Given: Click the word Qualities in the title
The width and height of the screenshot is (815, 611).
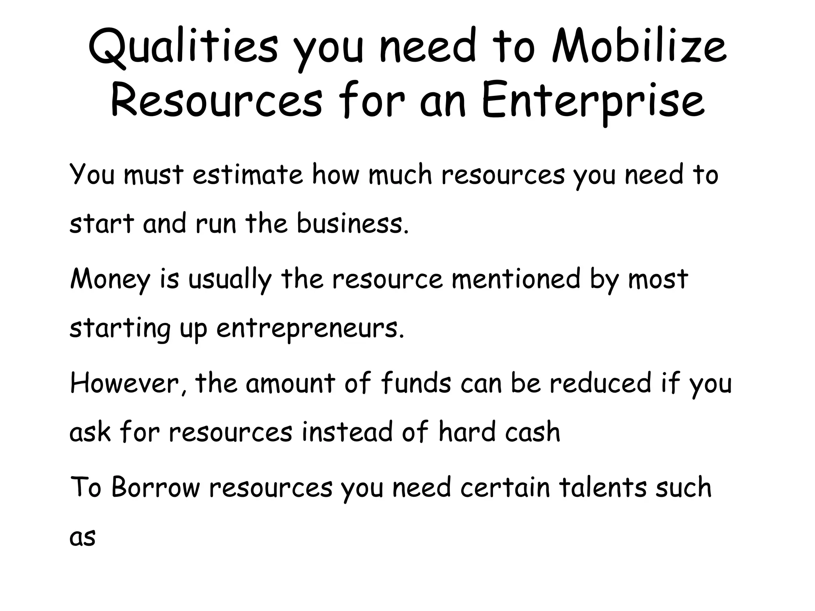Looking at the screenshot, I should tap(183, 48).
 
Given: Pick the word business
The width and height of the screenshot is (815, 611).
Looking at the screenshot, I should tap(353, 224).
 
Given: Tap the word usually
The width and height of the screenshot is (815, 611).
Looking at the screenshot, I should tap(230, 280).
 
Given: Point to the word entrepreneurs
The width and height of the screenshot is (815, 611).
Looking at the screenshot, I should tap(310, 329).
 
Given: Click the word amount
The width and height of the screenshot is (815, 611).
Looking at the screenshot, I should tap(291, 383).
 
